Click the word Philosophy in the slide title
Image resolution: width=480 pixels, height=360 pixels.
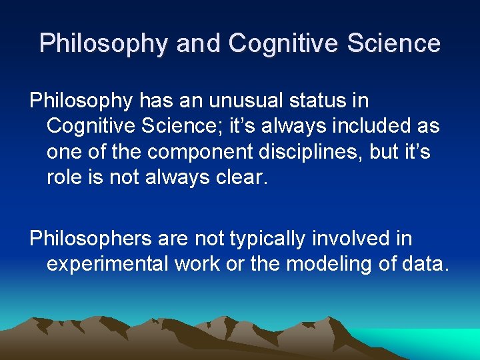tap(104, 43)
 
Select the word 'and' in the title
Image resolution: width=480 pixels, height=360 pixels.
tap(200, 43)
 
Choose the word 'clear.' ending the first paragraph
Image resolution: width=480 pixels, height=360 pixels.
tap(241, 177)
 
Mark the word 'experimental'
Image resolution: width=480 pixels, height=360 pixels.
tap(106, 264)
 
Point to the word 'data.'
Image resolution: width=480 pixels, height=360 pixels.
tap(425, 264)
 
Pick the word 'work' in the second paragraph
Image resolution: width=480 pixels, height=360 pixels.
tap(197, 264)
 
